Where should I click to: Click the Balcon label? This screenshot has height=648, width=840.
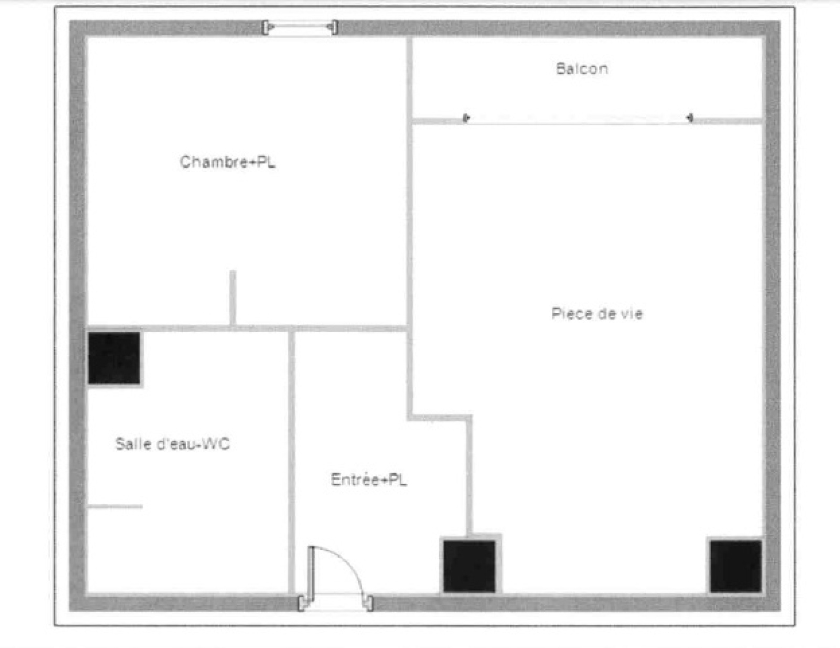click(x=582, y=69)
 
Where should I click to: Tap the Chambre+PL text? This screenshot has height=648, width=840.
click(x=228, y=162)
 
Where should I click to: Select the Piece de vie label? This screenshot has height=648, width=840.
click(x=597, y=313)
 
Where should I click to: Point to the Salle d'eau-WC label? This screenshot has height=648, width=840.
click(x=172, y=444)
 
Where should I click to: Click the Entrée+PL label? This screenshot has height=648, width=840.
click(x=369, y=480)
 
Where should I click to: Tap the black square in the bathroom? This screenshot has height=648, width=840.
click(x=114, y=358)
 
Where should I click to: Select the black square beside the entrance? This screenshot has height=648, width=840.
click(x=469, y=567)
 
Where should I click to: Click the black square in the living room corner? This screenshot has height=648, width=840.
click(x=736, y=567)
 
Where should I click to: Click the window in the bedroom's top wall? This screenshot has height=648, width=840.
click(x=300, y=27)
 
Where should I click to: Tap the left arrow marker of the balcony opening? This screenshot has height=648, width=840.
click(x=466, y=117)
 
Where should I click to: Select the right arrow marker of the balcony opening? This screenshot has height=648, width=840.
click(x=690, y=117)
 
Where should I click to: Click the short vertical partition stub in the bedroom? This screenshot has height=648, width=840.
click(x=233, y=298)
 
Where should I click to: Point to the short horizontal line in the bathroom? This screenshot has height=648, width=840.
click(x=115, y=506)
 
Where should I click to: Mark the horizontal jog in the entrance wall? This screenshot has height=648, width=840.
click(x=440, y=418)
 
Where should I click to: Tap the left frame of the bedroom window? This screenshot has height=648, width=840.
click(x=266, y=27)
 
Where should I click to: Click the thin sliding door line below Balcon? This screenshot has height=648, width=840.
click(x=579, y=124)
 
